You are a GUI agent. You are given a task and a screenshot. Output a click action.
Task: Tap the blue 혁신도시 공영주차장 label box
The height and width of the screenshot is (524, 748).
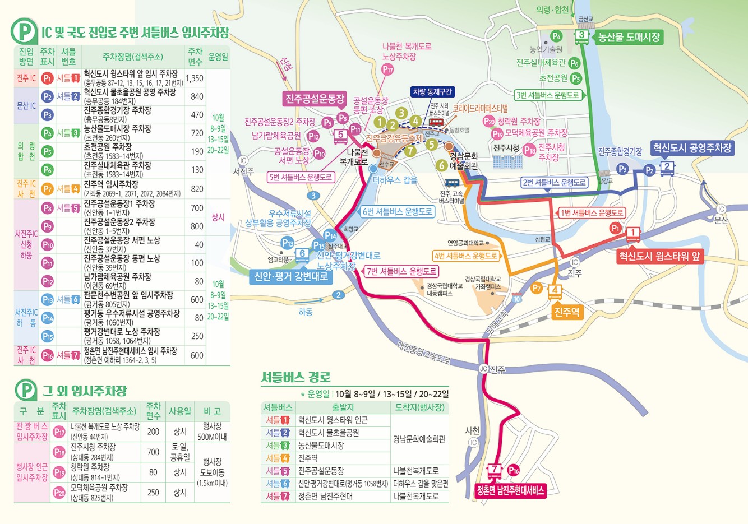point(692,148)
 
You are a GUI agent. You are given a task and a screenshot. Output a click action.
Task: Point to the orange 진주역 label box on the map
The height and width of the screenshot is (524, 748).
point(566,312)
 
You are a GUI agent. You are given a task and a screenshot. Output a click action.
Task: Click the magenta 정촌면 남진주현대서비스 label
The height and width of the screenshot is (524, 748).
point(510,490)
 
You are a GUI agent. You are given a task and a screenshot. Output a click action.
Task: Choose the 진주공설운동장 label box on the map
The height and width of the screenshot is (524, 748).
point(315,99)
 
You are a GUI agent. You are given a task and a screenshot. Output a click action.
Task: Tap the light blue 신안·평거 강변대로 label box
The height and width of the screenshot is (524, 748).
point(291,276)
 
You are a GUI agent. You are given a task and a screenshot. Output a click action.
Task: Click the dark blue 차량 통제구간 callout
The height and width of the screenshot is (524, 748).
point(432,92)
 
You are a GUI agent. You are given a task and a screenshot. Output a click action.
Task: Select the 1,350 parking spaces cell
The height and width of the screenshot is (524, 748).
point(195,78)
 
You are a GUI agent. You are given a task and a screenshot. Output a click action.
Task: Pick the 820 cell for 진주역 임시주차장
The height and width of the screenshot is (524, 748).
point(197,189)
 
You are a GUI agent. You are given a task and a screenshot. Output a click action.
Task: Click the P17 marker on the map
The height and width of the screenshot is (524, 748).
point(387,69)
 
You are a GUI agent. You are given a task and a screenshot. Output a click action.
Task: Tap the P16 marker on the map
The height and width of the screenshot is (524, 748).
point(514,470)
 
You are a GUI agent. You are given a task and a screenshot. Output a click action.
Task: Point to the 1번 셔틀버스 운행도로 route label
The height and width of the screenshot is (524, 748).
point(592,213)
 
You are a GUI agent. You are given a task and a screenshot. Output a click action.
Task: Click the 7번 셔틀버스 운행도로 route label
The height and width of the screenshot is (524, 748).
point(401,271)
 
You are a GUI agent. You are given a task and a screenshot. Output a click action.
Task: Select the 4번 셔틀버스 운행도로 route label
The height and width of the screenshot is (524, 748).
point(466,256)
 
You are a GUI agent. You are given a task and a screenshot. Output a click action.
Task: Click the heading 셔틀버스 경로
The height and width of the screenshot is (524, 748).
point(295,377)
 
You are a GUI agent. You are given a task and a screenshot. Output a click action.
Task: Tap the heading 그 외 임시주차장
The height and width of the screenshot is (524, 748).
point(84,391)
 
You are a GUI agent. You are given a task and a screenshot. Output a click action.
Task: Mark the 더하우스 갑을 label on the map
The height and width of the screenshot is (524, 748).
point(395,180)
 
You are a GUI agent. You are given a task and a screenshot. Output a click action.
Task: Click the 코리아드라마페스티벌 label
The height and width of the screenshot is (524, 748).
point(481,108)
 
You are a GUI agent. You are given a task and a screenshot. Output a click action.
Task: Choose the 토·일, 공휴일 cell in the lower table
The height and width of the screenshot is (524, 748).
point(180,452)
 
